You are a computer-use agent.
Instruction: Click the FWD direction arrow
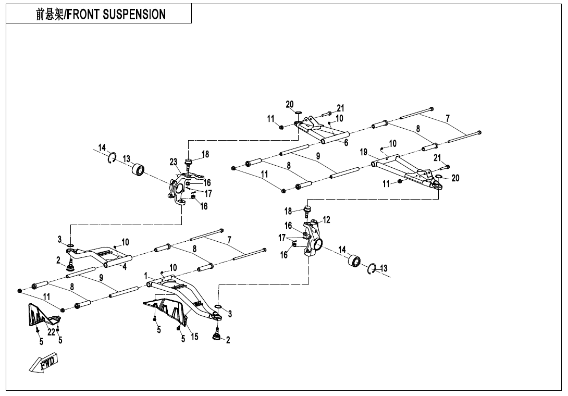pyautogui.click(x=43, y=363)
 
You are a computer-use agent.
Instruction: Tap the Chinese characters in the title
pyautogui.click(x=48, y=14)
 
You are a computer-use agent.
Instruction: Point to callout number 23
pyautogui.click(x=174, y=162)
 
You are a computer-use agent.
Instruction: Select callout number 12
pyautogui.click(x=326, y=220)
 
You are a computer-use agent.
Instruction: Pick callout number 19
pyautogui.click(x=364, y=152)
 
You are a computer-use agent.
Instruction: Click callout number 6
pyautogui.click(x=345, y=142)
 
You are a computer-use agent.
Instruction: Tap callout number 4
pyautogui.click(x=125, y=266)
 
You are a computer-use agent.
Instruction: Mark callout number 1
pyautogui.click(x=146, y=275)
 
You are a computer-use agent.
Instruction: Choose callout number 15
pyautogui.click(x=194, y=337)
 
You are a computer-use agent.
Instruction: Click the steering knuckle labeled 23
pyautogui.click(x=178, y=188)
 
